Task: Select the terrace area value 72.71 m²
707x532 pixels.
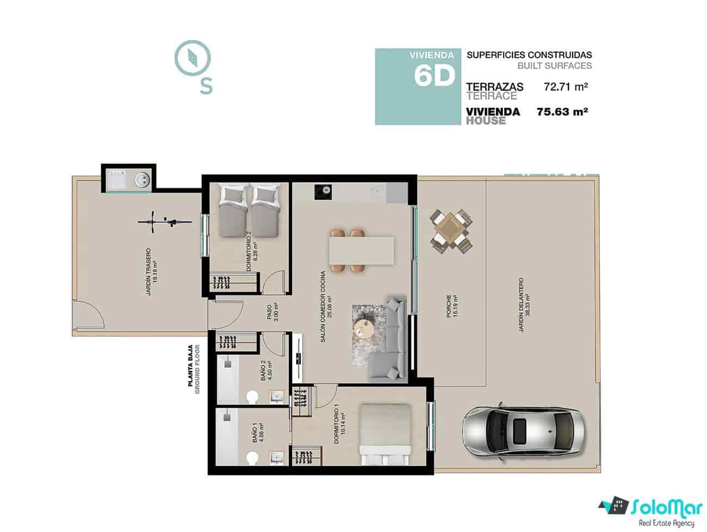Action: click(x=566, y=86)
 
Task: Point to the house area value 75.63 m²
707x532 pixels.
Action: click(x=562, y=112)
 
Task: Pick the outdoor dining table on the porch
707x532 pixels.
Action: click(x=450, y=231)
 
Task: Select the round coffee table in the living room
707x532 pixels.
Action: click(x=362, y=329)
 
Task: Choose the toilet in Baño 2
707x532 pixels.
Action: click(x=251, y=398)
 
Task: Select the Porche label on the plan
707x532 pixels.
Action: click(x=451, y=306)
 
